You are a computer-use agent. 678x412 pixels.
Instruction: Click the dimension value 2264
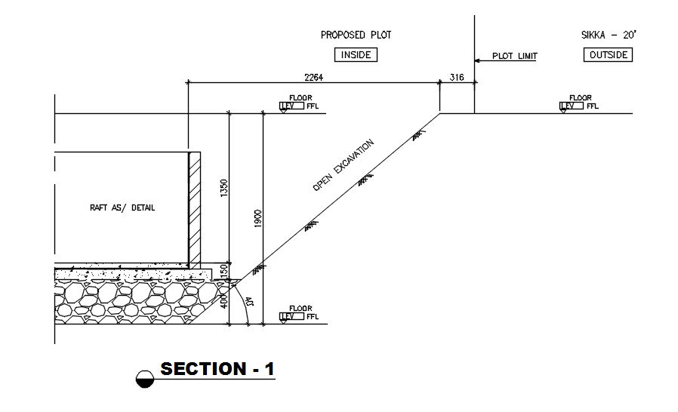coord(315,76)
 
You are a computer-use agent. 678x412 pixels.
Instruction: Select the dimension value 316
coord(457,76)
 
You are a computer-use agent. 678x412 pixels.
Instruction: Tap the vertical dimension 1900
coord(257,219)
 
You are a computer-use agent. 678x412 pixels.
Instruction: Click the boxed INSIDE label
coord(356,55)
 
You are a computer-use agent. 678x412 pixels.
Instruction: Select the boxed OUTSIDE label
coord(608,55)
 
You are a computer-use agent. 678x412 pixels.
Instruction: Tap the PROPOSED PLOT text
coord(356,35)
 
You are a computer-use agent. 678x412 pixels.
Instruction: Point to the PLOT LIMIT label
coord(514,56)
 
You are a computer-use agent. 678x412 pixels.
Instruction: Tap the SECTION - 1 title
coord(217,369)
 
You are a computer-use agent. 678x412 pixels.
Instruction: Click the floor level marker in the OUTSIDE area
coord(579,103)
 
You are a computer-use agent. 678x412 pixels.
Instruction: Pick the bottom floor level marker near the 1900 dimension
coord(300,313)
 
